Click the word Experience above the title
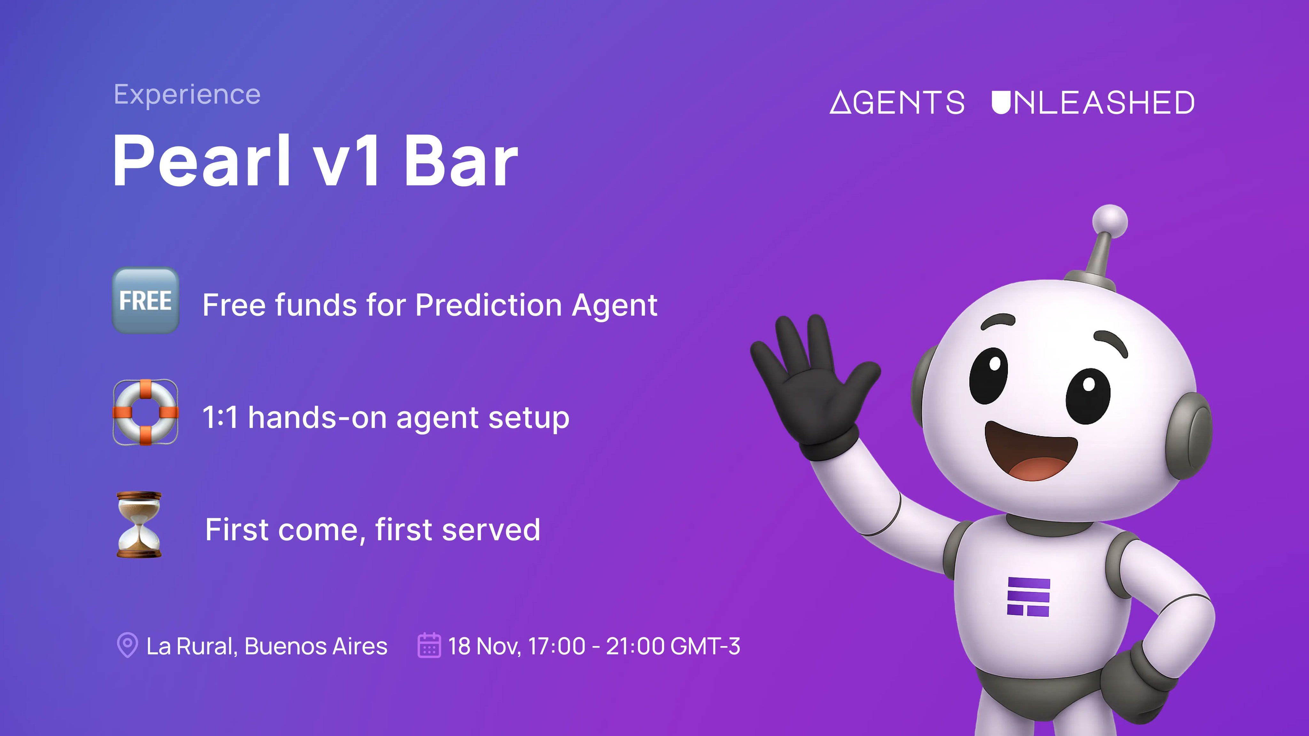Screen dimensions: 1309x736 187,95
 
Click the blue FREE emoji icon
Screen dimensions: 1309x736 145,300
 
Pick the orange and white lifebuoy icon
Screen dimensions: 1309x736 145,412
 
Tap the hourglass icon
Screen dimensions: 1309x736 139,525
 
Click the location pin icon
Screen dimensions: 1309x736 127,645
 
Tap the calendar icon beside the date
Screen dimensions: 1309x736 429,645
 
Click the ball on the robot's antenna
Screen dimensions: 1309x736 1110,221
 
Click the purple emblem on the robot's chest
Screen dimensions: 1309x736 1028,597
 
